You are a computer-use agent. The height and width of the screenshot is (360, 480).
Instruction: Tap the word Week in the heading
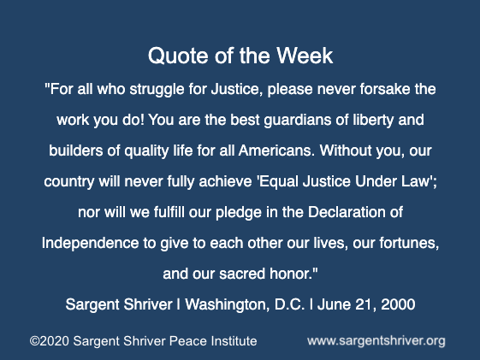pyautogui.click(x=305, y=56)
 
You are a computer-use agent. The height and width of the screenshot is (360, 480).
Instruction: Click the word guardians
pyautogui.click(x=297, y=120)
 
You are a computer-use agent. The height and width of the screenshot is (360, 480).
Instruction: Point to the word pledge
pyautogui.click(x=239, y=213)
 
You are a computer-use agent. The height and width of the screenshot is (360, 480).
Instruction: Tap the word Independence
pyautogui.click(x=91, y=243)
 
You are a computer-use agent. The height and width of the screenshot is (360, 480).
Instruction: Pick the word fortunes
pyautogui.click(x=409, y=243)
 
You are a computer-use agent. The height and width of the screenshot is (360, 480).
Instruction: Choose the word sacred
pyautogui.click(x=242, y=274)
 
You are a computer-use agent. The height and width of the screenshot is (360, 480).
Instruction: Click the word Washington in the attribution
pyautogui.click(x=228, y=305)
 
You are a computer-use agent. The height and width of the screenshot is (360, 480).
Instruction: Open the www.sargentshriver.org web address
pyautogui.click(x=376, y=341)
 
